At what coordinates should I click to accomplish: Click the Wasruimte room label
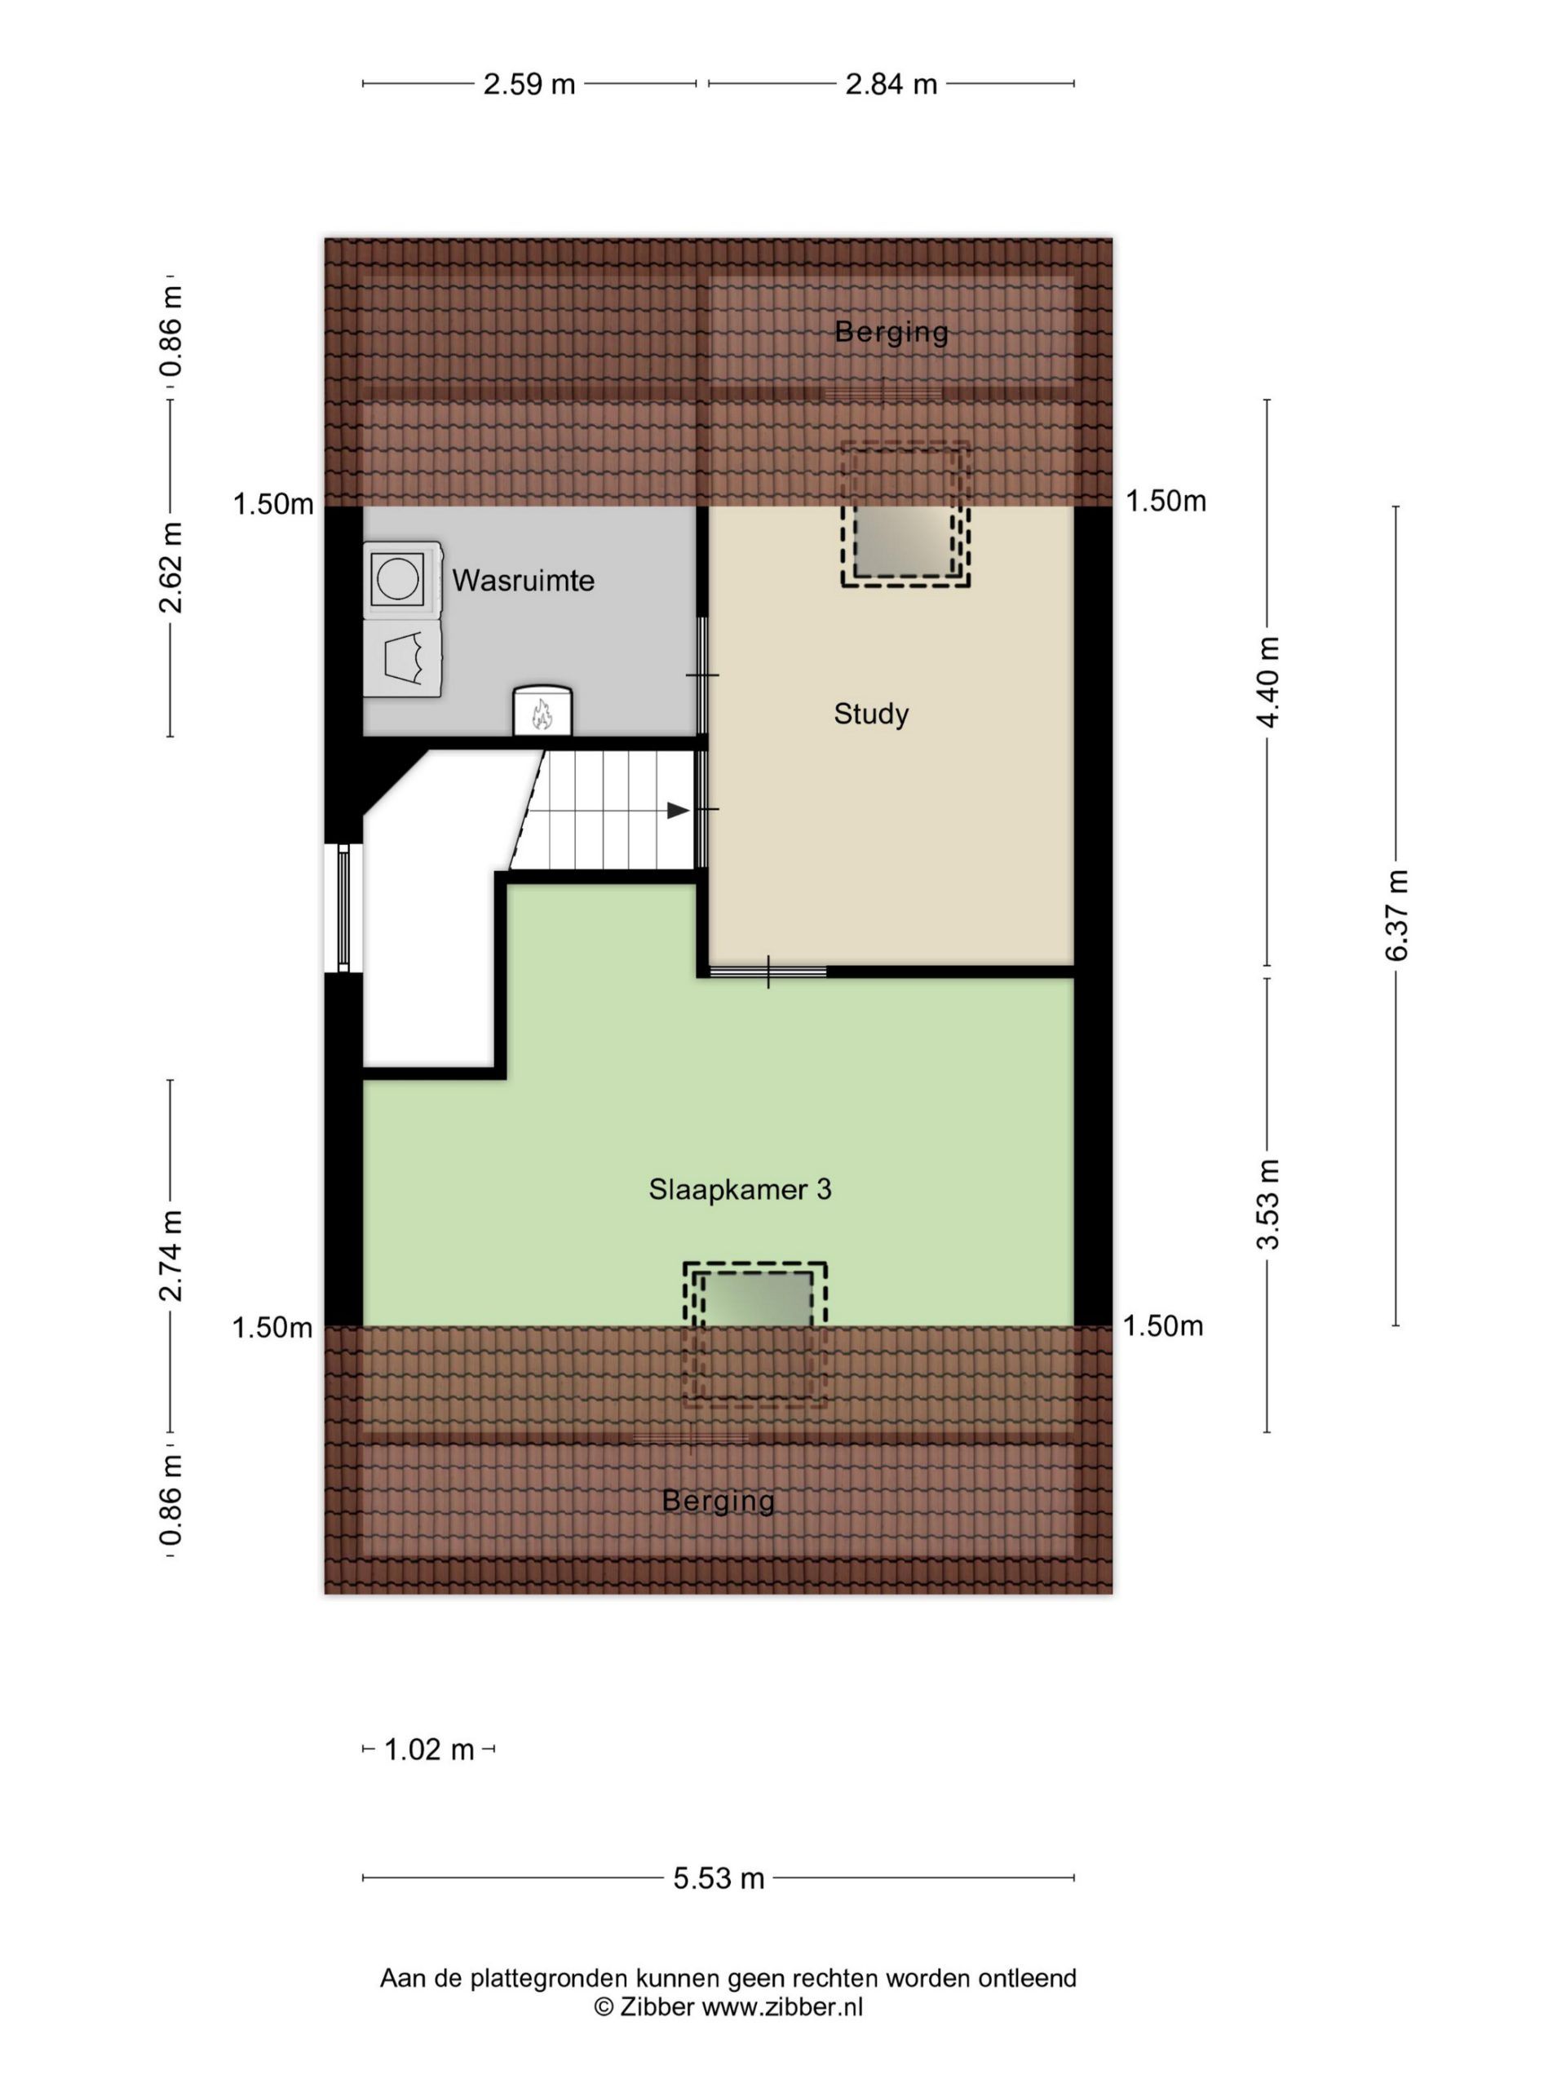point(523,581)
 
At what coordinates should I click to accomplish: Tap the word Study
point(870,714)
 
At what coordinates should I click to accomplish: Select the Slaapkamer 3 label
point(740,1189)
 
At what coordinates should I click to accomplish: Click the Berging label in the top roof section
point(891,332)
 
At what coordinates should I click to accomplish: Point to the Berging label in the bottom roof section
point(719,1501)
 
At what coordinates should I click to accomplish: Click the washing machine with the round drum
point(402,578)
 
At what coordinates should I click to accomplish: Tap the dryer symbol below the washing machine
point(402,659)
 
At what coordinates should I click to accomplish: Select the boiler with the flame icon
point(542,710)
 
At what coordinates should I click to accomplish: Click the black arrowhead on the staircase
point(679,811)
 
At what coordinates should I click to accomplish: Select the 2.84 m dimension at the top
point(891,84)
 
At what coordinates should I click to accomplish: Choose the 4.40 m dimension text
point(1267,682)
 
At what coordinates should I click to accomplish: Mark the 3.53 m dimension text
point(1267,1204)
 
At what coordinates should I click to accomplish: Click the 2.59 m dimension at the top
point(529,84)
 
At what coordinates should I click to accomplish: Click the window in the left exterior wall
point(343,907)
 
